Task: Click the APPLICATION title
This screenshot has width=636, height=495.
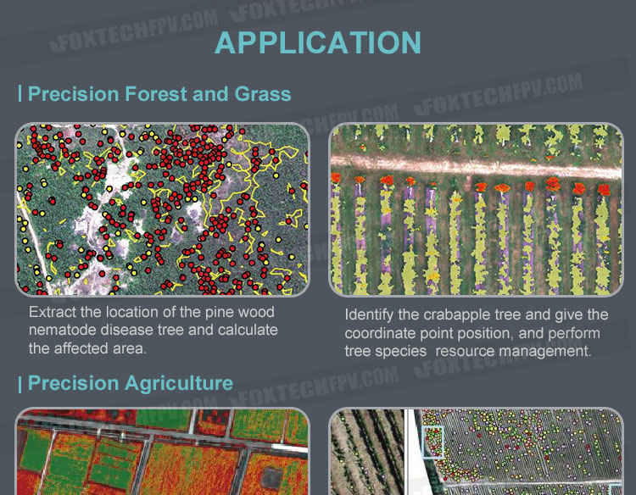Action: click(318, 42)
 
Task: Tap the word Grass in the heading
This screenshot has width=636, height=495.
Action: click(263, 94)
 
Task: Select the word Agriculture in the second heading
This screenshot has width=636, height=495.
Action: click(179, 383)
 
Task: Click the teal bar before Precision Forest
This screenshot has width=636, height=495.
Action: click(20, 93)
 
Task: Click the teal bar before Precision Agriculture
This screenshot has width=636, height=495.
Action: click(20, 383)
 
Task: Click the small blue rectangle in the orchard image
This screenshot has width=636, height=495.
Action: click(432, 442)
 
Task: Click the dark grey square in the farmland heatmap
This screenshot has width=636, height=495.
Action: click(271, 478)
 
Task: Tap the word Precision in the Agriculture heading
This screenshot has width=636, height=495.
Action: click(74, 383)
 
